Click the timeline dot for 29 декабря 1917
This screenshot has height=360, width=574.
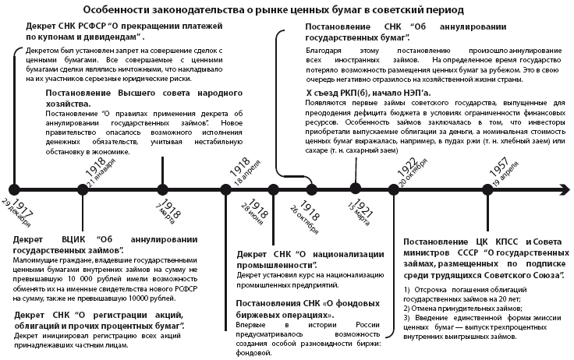13,188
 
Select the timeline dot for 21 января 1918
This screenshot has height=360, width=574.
83,188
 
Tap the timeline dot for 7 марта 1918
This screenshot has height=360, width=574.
161,188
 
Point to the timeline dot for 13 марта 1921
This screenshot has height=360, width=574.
356,188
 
